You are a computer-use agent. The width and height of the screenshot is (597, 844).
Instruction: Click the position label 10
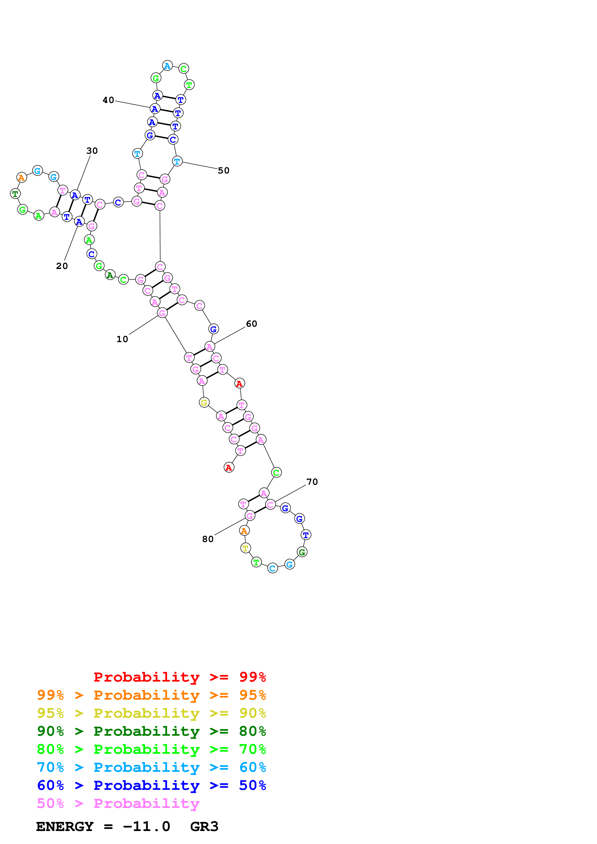point(122,339)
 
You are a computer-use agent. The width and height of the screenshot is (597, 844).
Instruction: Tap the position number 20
point(62,266)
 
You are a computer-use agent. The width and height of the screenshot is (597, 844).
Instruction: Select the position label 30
point(92,151)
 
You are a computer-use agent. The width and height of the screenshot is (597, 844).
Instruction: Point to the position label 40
point(108,100)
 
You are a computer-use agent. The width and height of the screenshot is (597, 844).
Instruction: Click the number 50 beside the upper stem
point(223,171)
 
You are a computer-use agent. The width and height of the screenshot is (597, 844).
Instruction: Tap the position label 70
point(312,482)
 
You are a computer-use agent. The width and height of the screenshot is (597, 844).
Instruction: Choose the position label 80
point(208,539)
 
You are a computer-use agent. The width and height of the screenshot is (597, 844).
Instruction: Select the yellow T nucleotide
point(245,548)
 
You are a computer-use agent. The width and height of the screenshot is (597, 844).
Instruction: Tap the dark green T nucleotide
point(15,194)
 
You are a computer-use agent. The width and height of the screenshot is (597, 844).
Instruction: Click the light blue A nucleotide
point(167,66)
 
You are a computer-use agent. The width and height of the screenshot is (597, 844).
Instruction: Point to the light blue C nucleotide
point(272,568)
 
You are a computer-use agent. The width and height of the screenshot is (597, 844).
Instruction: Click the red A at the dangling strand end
point(229,467)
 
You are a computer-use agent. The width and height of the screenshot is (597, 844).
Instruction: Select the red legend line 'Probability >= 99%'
point(179,677)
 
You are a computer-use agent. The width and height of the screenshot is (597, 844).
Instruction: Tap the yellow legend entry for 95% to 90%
point(151,713)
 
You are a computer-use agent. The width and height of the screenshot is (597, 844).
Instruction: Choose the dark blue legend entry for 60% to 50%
point(151,785)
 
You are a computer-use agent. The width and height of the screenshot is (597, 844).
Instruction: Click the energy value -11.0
point(146,827)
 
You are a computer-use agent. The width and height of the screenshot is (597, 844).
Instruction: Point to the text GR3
point(204,827)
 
